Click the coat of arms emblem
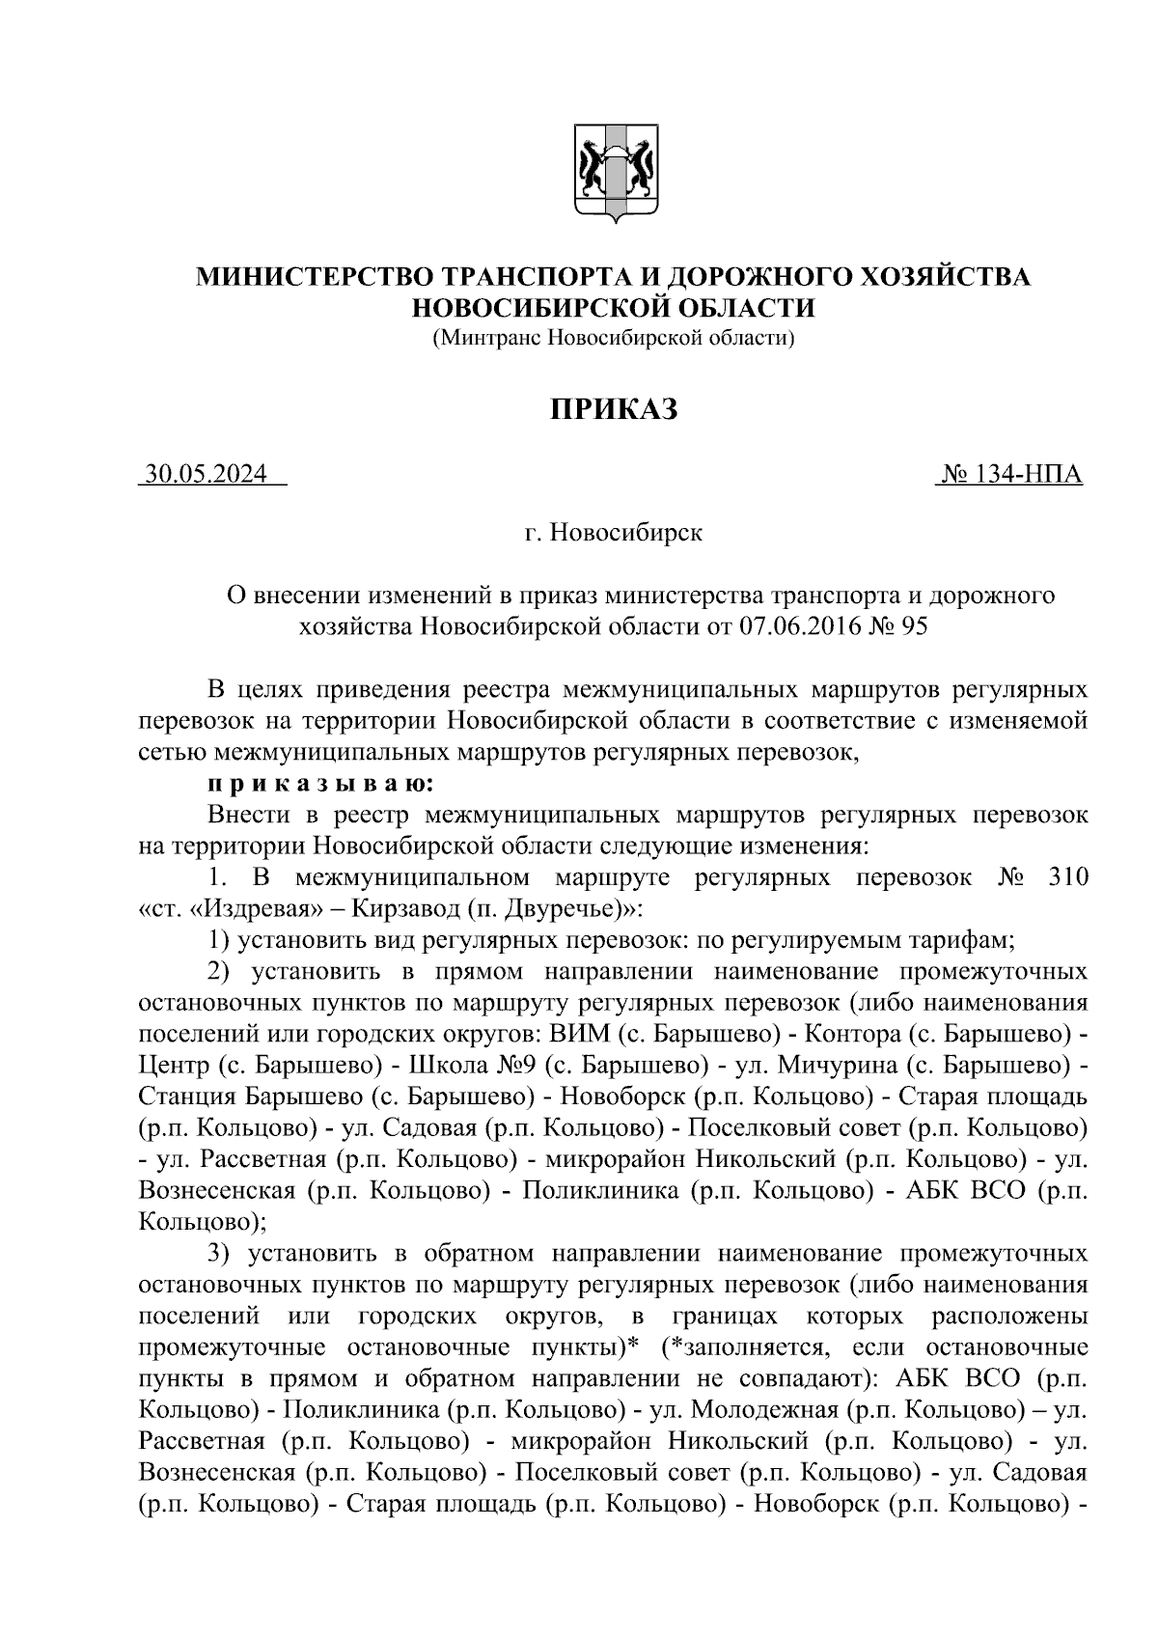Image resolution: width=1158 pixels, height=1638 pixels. pyautogui.click(x=617, y=175)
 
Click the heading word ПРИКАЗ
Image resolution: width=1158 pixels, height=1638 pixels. pyautogui.click(x=614, y=409)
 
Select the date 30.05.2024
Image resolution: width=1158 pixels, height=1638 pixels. pyautogui.click(x=206, y=475)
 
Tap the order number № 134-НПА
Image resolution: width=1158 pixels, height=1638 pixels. pyautogui.click(x=1009, y=475)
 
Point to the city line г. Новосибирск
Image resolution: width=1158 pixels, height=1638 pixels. pyautogui.click(x=614, y=532)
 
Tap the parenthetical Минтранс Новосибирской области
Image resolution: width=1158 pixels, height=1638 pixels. pyautogui.click(x=614, y=339)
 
